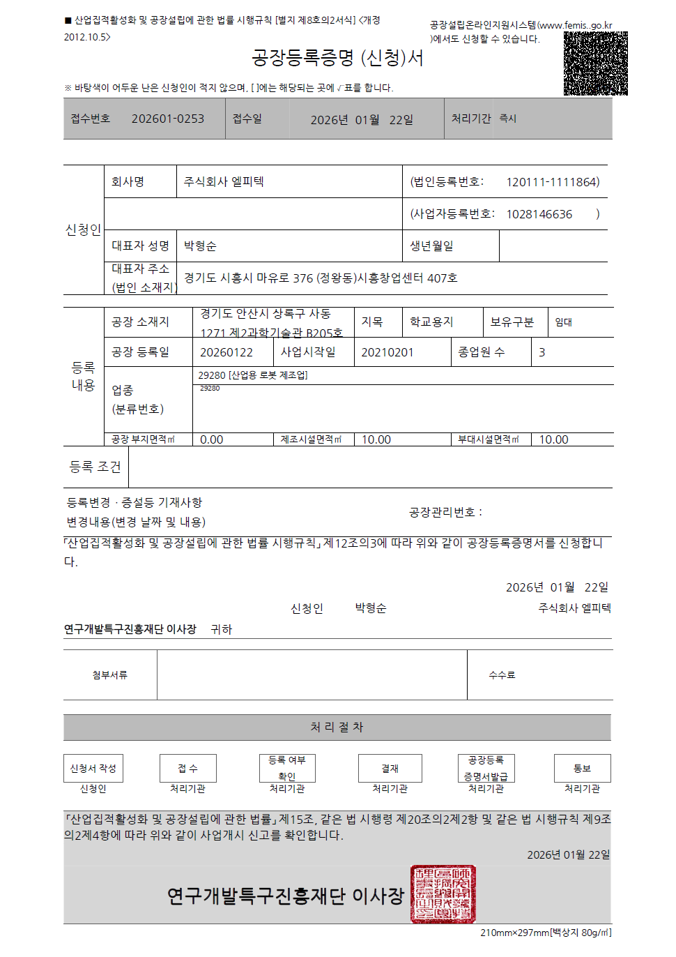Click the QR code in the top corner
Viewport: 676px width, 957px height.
pyautogui.click(x=595, y=63)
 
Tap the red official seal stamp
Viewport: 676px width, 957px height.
pyautogui.click(x=443, y=894)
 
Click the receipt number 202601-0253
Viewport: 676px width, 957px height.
pyautogui.click(x=168, y=119)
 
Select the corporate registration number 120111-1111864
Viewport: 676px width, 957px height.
pyautogui.click(x=553, y=182)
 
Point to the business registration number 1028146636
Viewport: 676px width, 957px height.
pyautogui.click(x=539, y=214)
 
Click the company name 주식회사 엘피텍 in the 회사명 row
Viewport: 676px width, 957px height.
pyautogui.click(x=224, y=182)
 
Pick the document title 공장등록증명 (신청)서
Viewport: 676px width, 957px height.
pyautogui.click(x=337, y=58)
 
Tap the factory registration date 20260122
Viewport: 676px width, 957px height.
pyautogui.click(x=226, y=352)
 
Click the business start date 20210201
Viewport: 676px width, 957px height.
pyautogui.click(x=387, y=352)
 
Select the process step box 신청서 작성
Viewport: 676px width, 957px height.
pyautogui.click(x=93, y=768)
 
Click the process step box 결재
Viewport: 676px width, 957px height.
pyautogui.click(x=390, y=768)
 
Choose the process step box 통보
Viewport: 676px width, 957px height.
pyautogui.click(x=582, y=768)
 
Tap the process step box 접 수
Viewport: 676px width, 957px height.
pyautogui.click(x=187, y=768)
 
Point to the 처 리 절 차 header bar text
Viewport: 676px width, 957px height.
pyautogui.click(x=337, y=727)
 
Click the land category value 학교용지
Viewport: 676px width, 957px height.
pyautogui.click(x=431, y=322)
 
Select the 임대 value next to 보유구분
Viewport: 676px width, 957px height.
pyautogui.click(x=563, y=322)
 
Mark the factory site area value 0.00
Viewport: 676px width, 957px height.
pyautogui.click(x=211, y=439)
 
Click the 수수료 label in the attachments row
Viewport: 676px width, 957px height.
pyautogui.click(x=502, y=675)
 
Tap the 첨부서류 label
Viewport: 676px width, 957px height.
pyautogui.click(x=109, y=675)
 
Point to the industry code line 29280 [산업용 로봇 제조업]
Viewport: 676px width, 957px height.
pyautogui.click(x=252, y=375)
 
